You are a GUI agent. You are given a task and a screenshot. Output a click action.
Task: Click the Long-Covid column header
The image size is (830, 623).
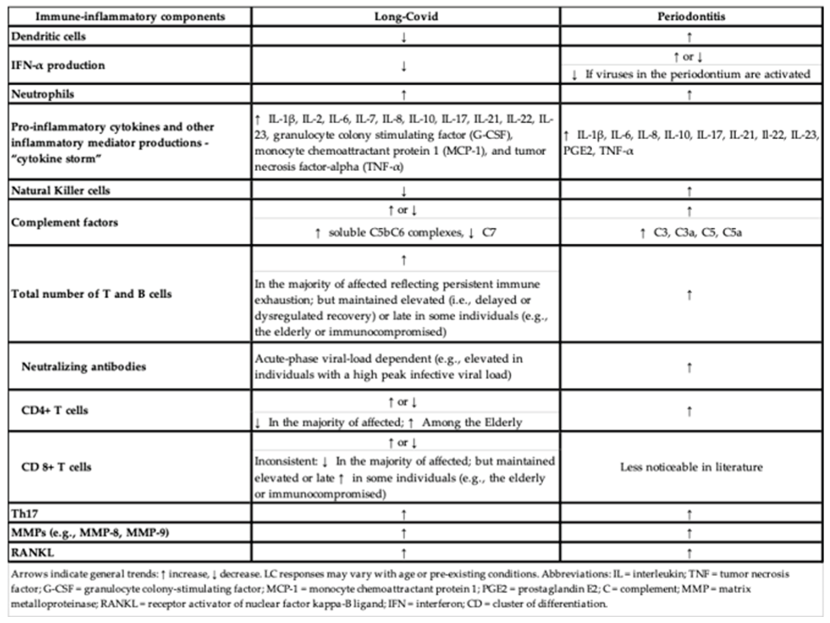pos(406,17)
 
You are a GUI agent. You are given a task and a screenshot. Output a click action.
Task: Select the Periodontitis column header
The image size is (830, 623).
pos(691,17)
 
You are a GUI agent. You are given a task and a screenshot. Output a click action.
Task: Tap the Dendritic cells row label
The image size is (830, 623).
pos(49,36)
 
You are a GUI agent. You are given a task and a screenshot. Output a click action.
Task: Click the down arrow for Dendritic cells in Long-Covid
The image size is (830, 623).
pos(404,37)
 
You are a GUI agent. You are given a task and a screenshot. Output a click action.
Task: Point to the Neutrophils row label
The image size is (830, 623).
pos(43,94)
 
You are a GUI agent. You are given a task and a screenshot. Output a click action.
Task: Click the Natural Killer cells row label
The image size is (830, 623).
pos(61,190)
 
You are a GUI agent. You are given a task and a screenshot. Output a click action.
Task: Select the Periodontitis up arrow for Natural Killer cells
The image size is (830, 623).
pos(689,191)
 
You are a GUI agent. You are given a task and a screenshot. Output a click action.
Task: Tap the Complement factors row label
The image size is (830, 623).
pos(65,222)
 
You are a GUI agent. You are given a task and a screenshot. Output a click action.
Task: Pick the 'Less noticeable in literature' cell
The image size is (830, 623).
pos(691,467)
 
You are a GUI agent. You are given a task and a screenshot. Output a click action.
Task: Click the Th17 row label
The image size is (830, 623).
pos(25,514)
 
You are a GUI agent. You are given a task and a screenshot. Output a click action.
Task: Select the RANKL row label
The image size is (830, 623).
pos(33,552)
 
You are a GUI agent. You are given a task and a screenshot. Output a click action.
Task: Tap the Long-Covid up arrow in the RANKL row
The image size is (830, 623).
pos(404,553)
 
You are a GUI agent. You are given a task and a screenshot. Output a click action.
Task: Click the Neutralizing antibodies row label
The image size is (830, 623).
pos(83,366)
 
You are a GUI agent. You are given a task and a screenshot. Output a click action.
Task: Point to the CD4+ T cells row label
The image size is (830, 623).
pos(54,410)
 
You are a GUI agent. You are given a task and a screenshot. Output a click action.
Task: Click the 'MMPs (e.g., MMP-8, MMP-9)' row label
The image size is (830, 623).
pos(90,532)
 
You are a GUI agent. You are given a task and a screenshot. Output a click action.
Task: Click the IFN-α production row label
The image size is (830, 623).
pos(58,65)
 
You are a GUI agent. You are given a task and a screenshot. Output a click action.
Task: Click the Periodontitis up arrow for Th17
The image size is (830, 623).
pos(689,514)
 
